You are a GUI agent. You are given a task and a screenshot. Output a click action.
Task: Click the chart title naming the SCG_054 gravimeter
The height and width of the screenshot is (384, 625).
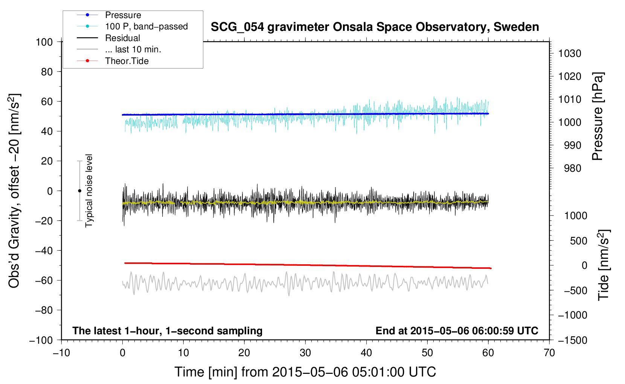(375, 27)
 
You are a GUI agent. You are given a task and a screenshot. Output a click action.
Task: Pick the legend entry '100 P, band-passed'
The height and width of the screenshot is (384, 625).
(146, 26)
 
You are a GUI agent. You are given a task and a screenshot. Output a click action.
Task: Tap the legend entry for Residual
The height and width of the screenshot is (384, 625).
(122, 38)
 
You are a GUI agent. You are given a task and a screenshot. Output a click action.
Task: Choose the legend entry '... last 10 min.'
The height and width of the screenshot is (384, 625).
(133, 49)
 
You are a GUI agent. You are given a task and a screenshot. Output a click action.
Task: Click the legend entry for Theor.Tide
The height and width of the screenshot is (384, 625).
(127, 61)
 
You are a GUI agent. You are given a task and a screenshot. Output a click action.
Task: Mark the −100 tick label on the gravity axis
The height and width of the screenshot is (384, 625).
(41, 340)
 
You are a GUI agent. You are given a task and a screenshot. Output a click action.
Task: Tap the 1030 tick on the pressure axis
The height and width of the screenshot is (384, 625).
(569, 53)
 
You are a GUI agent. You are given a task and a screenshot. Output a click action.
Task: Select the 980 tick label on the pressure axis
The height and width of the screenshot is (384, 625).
(572, 168)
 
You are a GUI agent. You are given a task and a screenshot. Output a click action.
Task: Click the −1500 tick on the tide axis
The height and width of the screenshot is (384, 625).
(573, 340)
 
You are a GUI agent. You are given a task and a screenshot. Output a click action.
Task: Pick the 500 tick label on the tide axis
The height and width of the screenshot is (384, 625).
(578, 241)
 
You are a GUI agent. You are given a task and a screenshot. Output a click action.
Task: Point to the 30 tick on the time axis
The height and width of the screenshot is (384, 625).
(305, 353)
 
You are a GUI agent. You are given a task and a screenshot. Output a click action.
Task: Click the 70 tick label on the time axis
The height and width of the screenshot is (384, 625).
(549, 353)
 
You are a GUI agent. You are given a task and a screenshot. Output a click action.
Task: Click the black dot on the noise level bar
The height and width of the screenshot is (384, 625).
(79, 191)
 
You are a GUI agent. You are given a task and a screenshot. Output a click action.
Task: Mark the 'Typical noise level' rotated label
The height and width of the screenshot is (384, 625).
(89, 191)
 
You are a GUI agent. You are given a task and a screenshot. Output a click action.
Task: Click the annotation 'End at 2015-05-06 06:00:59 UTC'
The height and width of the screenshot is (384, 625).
(457, 331)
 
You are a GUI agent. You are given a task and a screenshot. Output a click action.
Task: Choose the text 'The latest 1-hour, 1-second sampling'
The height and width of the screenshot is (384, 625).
(167, 331)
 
